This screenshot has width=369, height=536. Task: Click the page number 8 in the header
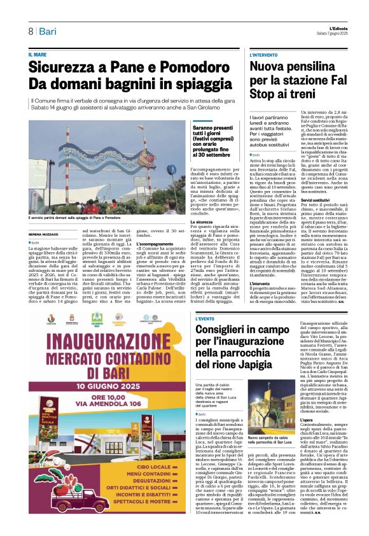[30, 32]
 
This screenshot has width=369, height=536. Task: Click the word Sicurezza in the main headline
[66, 69]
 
